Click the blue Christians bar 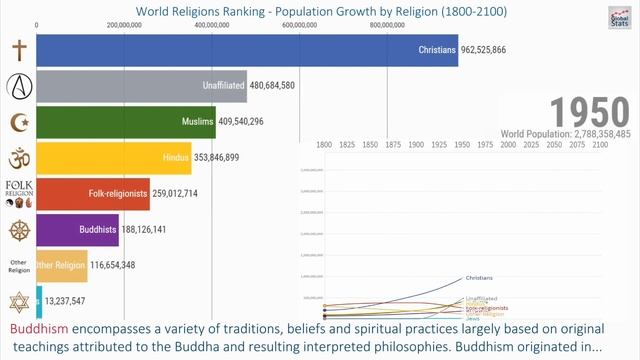(x=247, y=50)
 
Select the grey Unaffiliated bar (x=141, y=86)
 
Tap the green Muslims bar (x=125, y=122)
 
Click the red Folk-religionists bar (x=93, y=193)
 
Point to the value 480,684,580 (x=285, y=86)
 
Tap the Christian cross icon (x=18, y=50)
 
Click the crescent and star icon (x=18, y=122)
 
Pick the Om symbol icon (x=18, y=158)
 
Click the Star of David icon (x=18, y=300)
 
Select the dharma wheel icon (x=18, y=230)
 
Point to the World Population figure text (x=566, y=133)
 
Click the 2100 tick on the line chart (x=601, y=145)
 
